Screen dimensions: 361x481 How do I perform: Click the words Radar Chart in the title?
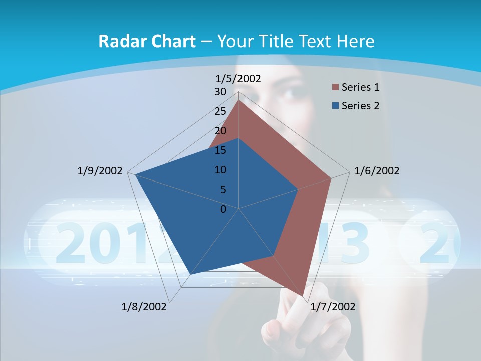(x=147, y=41)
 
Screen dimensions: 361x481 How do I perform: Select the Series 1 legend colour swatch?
(x=335, y=88)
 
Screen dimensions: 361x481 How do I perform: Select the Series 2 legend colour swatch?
(x=335, y=106)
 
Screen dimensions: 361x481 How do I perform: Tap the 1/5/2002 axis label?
(x=238, y=79)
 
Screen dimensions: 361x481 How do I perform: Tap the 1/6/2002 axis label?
(x=377, y=171)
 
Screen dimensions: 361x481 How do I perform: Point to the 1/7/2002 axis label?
(x=333, y=307)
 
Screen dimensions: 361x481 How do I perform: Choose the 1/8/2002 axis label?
(x=144, y=307)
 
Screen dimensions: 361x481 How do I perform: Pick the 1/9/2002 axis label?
(x=100, y=171)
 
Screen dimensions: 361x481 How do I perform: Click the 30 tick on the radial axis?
(x=220, y=92)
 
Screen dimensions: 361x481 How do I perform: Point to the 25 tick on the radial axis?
(x=220, y=111)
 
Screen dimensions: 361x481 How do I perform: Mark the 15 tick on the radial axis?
(x=220, y=150)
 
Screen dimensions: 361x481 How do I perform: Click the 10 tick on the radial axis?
(x=220, y=170)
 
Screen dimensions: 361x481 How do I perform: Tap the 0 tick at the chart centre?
(x=223, y=209)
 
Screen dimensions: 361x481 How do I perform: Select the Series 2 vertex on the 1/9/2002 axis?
(x=135, y=175)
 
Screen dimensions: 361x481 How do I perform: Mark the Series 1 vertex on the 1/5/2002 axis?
(x=239, y=100)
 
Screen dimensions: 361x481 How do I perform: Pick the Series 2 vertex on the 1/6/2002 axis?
(x=298, y=189)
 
